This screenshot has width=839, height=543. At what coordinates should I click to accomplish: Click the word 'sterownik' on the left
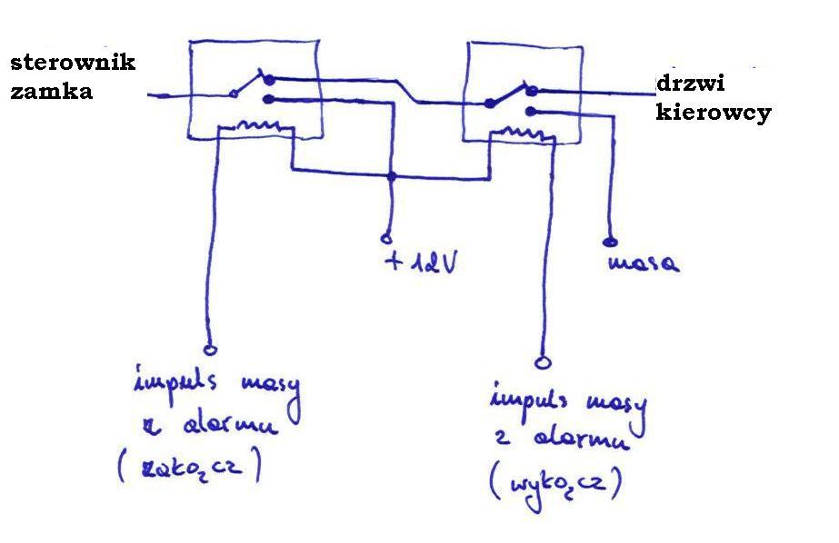pos(73,63)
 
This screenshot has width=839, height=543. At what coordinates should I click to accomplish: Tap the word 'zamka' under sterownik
pos(52,91)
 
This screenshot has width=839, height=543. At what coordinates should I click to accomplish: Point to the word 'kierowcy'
pos(714,113)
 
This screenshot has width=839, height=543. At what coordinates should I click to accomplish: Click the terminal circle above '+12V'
pos(386,239)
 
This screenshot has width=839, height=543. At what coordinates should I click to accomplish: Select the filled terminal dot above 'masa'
pos(609,242)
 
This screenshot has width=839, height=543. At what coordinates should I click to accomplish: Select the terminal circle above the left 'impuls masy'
pos(211,348)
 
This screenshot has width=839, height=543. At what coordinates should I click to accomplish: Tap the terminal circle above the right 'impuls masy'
pos(544,362)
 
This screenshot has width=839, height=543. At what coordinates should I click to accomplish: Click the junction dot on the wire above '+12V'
pos(391,175)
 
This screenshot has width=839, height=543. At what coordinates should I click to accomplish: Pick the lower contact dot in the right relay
pos(531,111)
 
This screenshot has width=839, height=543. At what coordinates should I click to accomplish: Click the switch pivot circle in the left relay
pos(234,93)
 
